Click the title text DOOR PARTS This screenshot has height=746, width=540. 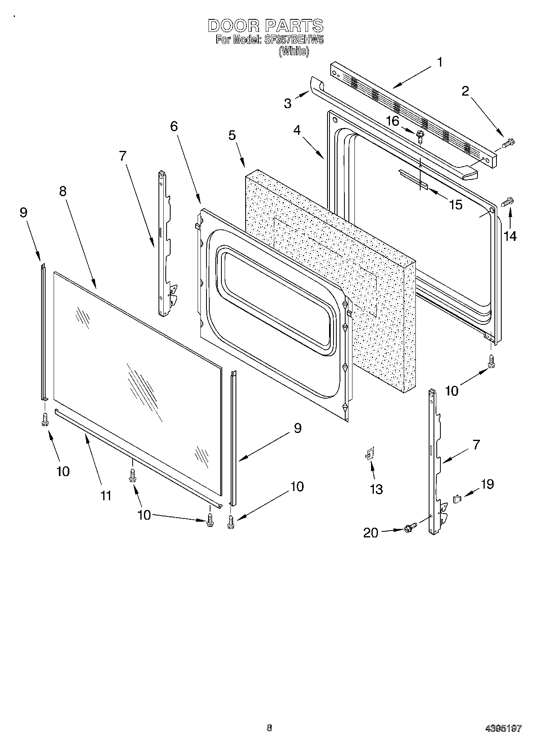[265, 26]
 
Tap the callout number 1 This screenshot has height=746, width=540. [440, 63]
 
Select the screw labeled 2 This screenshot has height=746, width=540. [509, 142]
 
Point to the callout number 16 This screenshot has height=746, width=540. [392, 121]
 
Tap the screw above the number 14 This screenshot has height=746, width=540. [508, 202]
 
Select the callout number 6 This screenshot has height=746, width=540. [173, 126]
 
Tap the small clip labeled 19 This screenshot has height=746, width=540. [457, 499]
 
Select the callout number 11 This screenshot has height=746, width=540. [106, 495]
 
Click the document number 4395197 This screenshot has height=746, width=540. [503, 729]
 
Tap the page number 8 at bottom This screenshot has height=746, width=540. [269, 728]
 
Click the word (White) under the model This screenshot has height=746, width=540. [294, 51]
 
